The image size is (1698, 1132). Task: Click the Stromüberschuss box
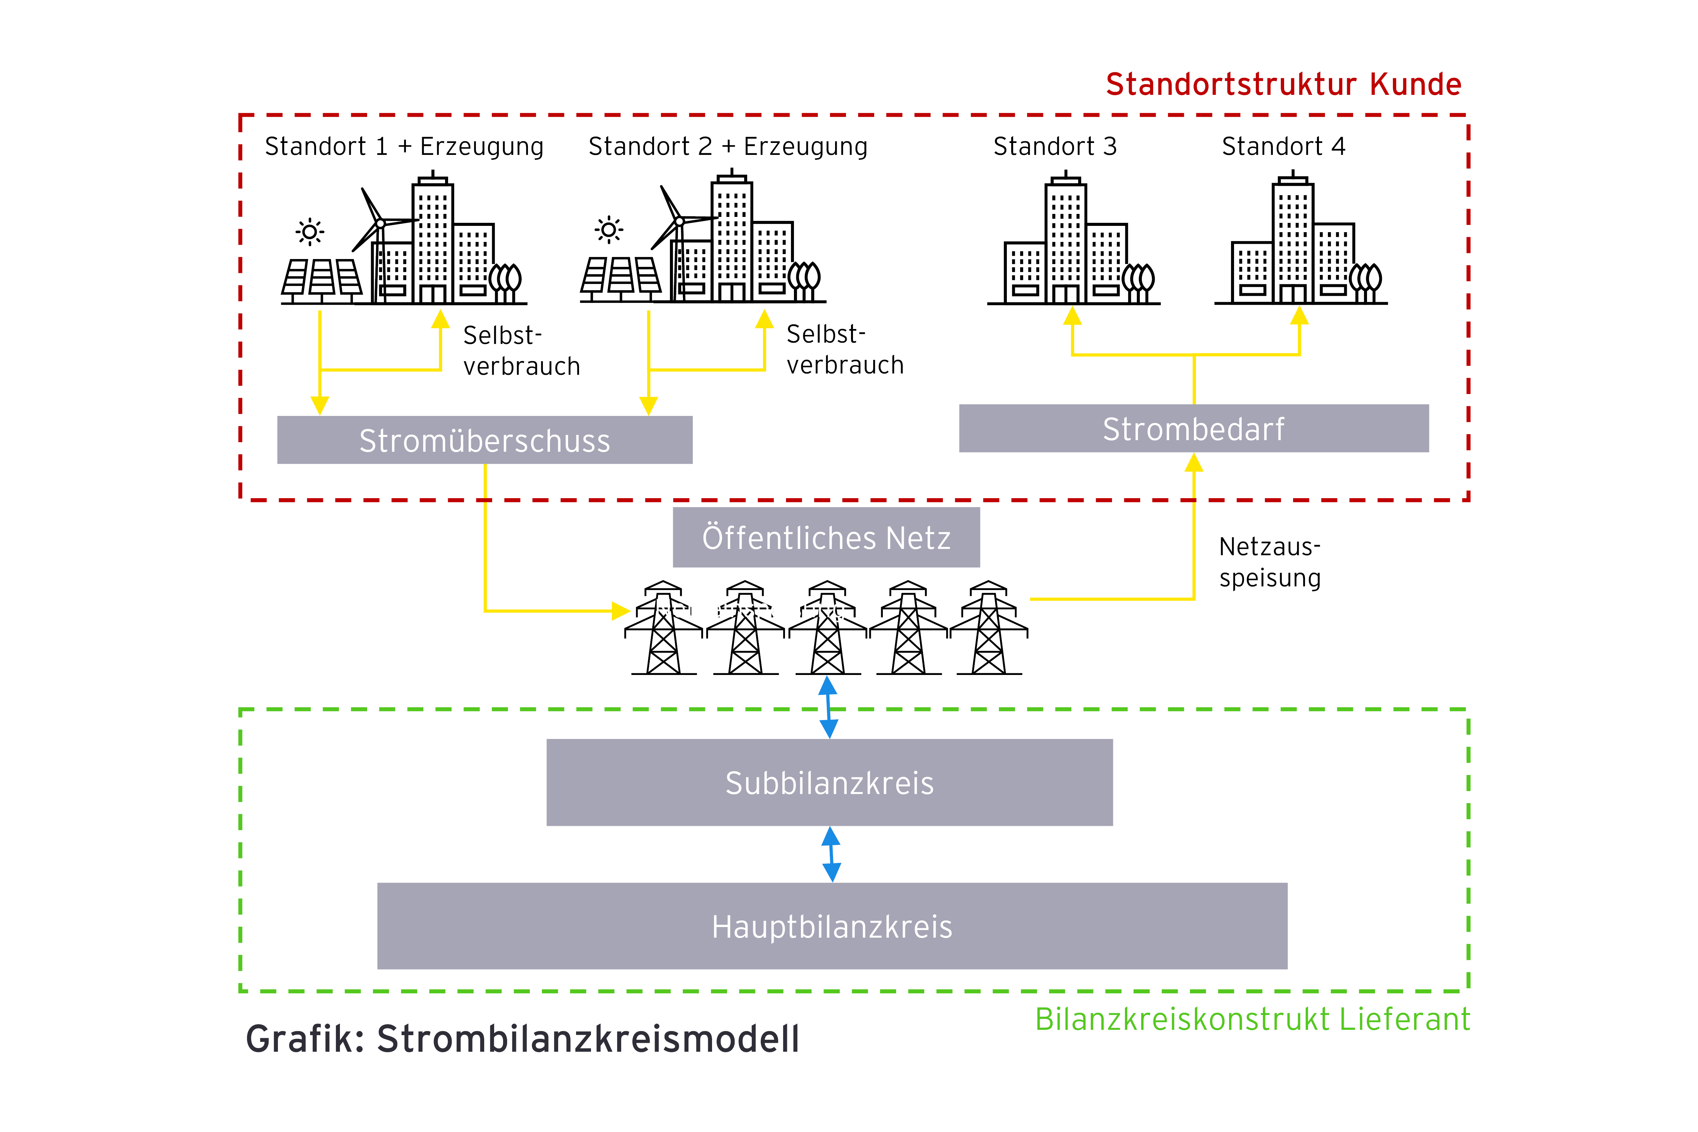click(x=485, y=440)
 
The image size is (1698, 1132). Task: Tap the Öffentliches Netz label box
click(x=826, y=537)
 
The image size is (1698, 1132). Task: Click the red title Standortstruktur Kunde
click(x=1283, y=85)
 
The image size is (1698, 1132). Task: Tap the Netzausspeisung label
click(x=1269, y=562)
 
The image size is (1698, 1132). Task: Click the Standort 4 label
click(x=1283, y=147)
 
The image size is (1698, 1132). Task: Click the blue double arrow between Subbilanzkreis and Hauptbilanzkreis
click(x=831, y=854)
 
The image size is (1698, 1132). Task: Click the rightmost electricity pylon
click(x=988, y=628)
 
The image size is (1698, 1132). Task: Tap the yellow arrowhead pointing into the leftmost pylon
click(x=620, y=611)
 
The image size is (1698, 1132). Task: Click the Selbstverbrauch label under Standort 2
click(x=844, y=350)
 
